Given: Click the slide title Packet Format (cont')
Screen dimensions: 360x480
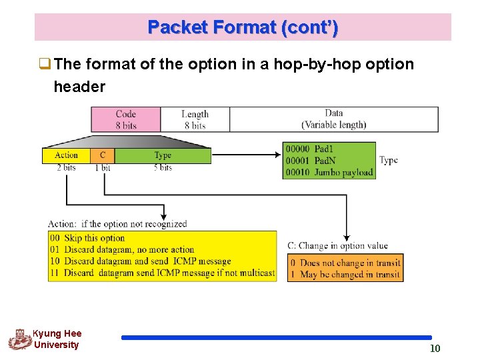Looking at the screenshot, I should coord(243,27).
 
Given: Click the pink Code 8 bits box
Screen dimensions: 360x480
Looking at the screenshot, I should coord(126,119).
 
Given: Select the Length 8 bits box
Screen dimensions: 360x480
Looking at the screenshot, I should coord(195,119).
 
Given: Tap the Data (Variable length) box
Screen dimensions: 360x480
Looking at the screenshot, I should coord(333,119).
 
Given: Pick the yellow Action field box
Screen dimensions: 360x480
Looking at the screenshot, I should coord(66,155).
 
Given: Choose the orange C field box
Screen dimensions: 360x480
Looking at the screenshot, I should coord(102,155).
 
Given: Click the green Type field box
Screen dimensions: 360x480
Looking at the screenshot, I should coord(163,155).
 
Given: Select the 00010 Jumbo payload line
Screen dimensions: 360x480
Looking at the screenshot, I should coord(329,173).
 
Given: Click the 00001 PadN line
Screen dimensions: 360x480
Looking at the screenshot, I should coord(310,161).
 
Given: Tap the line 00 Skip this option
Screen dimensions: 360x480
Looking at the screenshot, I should coord(87,238).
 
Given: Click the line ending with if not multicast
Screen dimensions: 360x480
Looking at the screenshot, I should coord(162,273).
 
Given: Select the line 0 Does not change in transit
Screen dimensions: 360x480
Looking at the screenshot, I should coord(345,263).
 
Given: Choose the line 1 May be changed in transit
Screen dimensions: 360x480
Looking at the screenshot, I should coord(345,274).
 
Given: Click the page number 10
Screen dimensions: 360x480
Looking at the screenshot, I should coord(435,348).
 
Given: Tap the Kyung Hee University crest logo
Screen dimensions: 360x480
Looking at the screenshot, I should coord(19,340).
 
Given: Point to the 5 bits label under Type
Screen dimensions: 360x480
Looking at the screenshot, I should coord(163,168).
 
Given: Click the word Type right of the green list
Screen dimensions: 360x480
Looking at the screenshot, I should coord(389,160).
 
